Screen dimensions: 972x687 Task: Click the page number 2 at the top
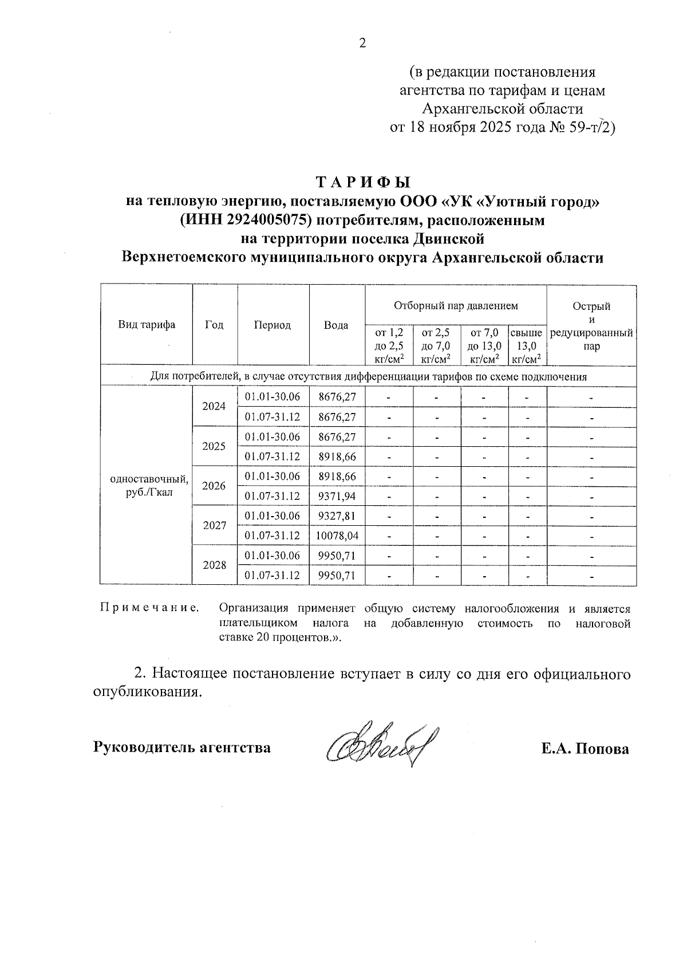[361, 42]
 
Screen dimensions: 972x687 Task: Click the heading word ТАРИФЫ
[364, 182]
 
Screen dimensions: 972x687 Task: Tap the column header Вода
[337, 325]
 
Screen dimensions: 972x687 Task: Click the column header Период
[273, 325]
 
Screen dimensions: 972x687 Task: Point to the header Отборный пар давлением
[456, 306]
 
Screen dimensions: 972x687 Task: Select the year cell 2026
[214, 486]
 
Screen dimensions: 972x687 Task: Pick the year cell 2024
[214, 406]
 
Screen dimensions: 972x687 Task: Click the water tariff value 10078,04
[337, 536]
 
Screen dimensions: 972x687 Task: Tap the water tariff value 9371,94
[337, 496]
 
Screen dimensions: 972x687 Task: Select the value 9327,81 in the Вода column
[337, 516]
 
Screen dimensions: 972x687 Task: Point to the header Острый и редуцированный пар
[591, 325]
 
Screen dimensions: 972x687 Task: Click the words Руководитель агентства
[181, 747]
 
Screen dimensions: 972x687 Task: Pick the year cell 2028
[214, 565]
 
